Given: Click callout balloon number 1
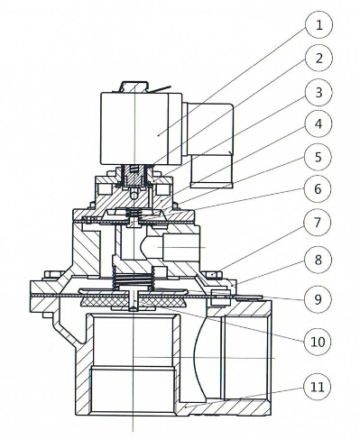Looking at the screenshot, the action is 319,25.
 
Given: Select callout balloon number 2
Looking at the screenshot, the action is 319,58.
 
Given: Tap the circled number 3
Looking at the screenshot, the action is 319,92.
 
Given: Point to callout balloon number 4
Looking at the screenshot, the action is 318,124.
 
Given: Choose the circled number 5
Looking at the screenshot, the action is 318,157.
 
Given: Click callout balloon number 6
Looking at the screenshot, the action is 318,189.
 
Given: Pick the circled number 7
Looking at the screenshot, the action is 318,223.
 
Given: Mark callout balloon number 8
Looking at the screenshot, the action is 318,260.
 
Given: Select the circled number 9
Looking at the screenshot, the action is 318,299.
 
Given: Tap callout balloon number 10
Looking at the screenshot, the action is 318,341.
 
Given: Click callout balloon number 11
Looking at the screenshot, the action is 318,387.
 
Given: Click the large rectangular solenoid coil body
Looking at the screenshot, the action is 142,129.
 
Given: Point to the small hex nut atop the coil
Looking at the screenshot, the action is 134,87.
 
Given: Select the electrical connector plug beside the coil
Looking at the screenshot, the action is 210,145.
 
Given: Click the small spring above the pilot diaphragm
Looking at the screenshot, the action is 134,214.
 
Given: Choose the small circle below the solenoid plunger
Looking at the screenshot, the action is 134,196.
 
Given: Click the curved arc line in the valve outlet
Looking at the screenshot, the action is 199,358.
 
